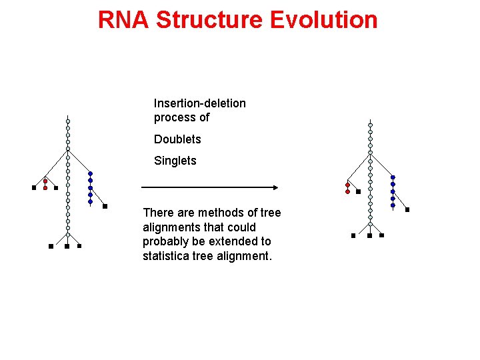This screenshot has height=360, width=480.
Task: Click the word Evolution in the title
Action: [325, 20]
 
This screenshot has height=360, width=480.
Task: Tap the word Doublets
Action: [177, 139]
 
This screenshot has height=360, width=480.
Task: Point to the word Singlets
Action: [175, 161]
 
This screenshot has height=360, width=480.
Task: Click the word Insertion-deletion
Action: [199, 103]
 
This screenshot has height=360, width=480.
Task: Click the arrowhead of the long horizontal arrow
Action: [274, 187]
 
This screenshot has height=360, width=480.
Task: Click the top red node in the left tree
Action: [45, 181]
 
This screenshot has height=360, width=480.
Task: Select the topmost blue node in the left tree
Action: [90, 174]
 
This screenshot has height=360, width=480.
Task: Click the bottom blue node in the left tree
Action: [90, 201]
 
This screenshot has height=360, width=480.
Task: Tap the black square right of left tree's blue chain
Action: [105, 207]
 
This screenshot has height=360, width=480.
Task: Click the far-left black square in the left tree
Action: [34, 188]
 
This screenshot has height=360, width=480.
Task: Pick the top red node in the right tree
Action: [347, 185]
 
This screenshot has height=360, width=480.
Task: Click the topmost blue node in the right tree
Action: [393, 177]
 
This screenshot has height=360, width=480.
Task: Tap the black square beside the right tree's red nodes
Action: [358, 191]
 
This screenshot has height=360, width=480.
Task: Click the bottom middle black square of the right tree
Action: [369, 235]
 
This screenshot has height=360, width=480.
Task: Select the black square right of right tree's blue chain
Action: [407, 209]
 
